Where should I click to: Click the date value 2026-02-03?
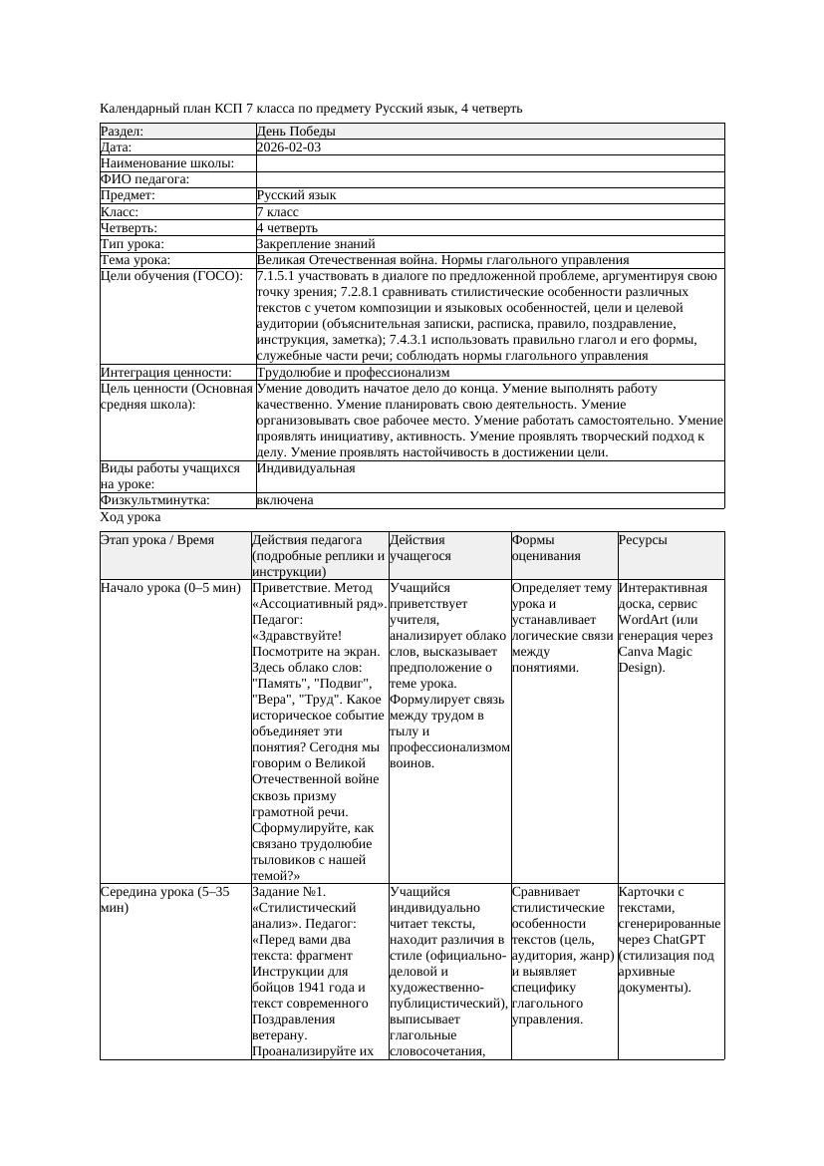pos(288,147)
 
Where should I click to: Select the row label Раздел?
pos(123,132)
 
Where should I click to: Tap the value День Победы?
pos(295,132)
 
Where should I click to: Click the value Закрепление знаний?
pos(315,244)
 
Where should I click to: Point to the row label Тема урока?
pos(136,260)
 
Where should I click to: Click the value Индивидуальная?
pos(306,468)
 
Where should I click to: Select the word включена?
pos(284,500)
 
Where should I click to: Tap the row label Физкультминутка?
pos(154,500)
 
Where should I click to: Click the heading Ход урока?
pos(130,518)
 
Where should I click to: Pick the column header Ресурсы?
pos(643,540)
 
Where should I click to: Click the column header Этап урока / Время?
pos(157,540)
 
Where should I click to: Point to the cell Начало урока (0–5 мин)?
pos(170,588)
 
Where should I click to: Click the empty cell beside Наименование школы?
pos(488,163)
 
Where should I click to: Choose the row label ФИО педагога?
pos(144,179)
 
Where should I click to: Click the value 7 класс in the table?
pos(277,212)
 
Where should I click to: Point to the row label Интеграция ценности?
pos(165,373)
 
